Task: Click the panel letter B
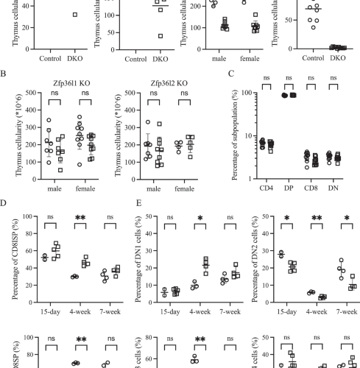click(6, 74)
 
